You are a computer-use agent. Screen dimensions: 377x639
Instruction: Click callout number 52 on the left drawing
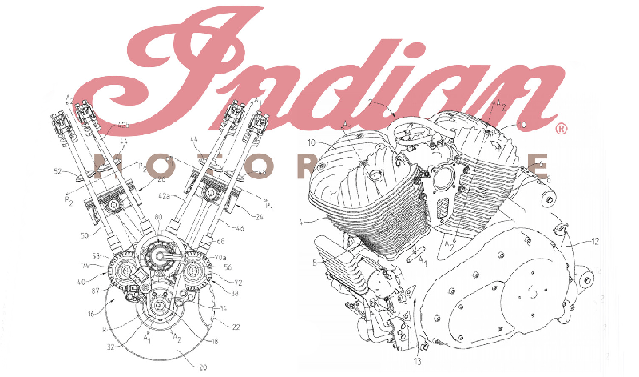[x=58, y=170]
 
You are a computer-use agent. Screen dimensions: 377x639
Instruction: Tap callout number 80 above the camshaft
[x=158, y=218]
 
